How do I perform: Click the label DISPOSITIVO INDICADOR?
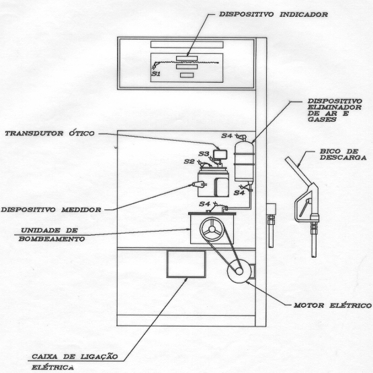[x=274, y=14]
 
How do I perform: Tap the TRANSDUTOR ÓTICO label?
[x=50, y=133]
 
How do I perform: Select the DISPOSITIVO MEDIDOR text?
[x=51, y=210]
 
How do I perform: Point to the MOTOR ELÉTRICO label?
[x=333, y=305]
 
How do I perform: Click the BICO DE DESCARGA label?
[x=343, y=154]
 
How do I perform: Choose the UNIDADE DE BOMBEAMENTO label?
[x=51, y=234]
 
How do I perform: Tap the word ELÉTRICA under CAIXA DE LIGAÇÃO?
[x=52, y=368]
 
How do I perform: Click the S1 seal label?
[x=156, y=74]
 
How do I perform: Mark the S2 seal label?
[x=189, y=162]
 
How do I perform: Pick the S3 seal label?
[x=204, y=154]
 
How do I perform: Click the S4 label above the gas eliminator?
[x=226, y=135]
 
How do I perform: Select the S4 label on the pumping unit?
[x=204, y=204]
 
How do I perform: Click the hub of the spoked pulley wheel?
[x=212, y=230]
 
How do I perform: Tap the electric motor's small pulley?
[x=239, y=271]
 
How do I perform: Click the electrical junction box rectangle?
[x=186, y=264]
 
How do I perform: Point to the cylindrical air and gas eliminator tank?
[x=244, y=162]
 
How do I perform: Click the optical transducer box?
[x=220, y=154]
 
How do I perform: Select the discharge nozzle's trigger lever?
[x=304, y=207]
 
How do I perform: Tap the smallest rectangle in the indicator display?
[x=187, y=75]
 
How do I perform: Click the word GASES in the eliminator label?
[x=322, y=119]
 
